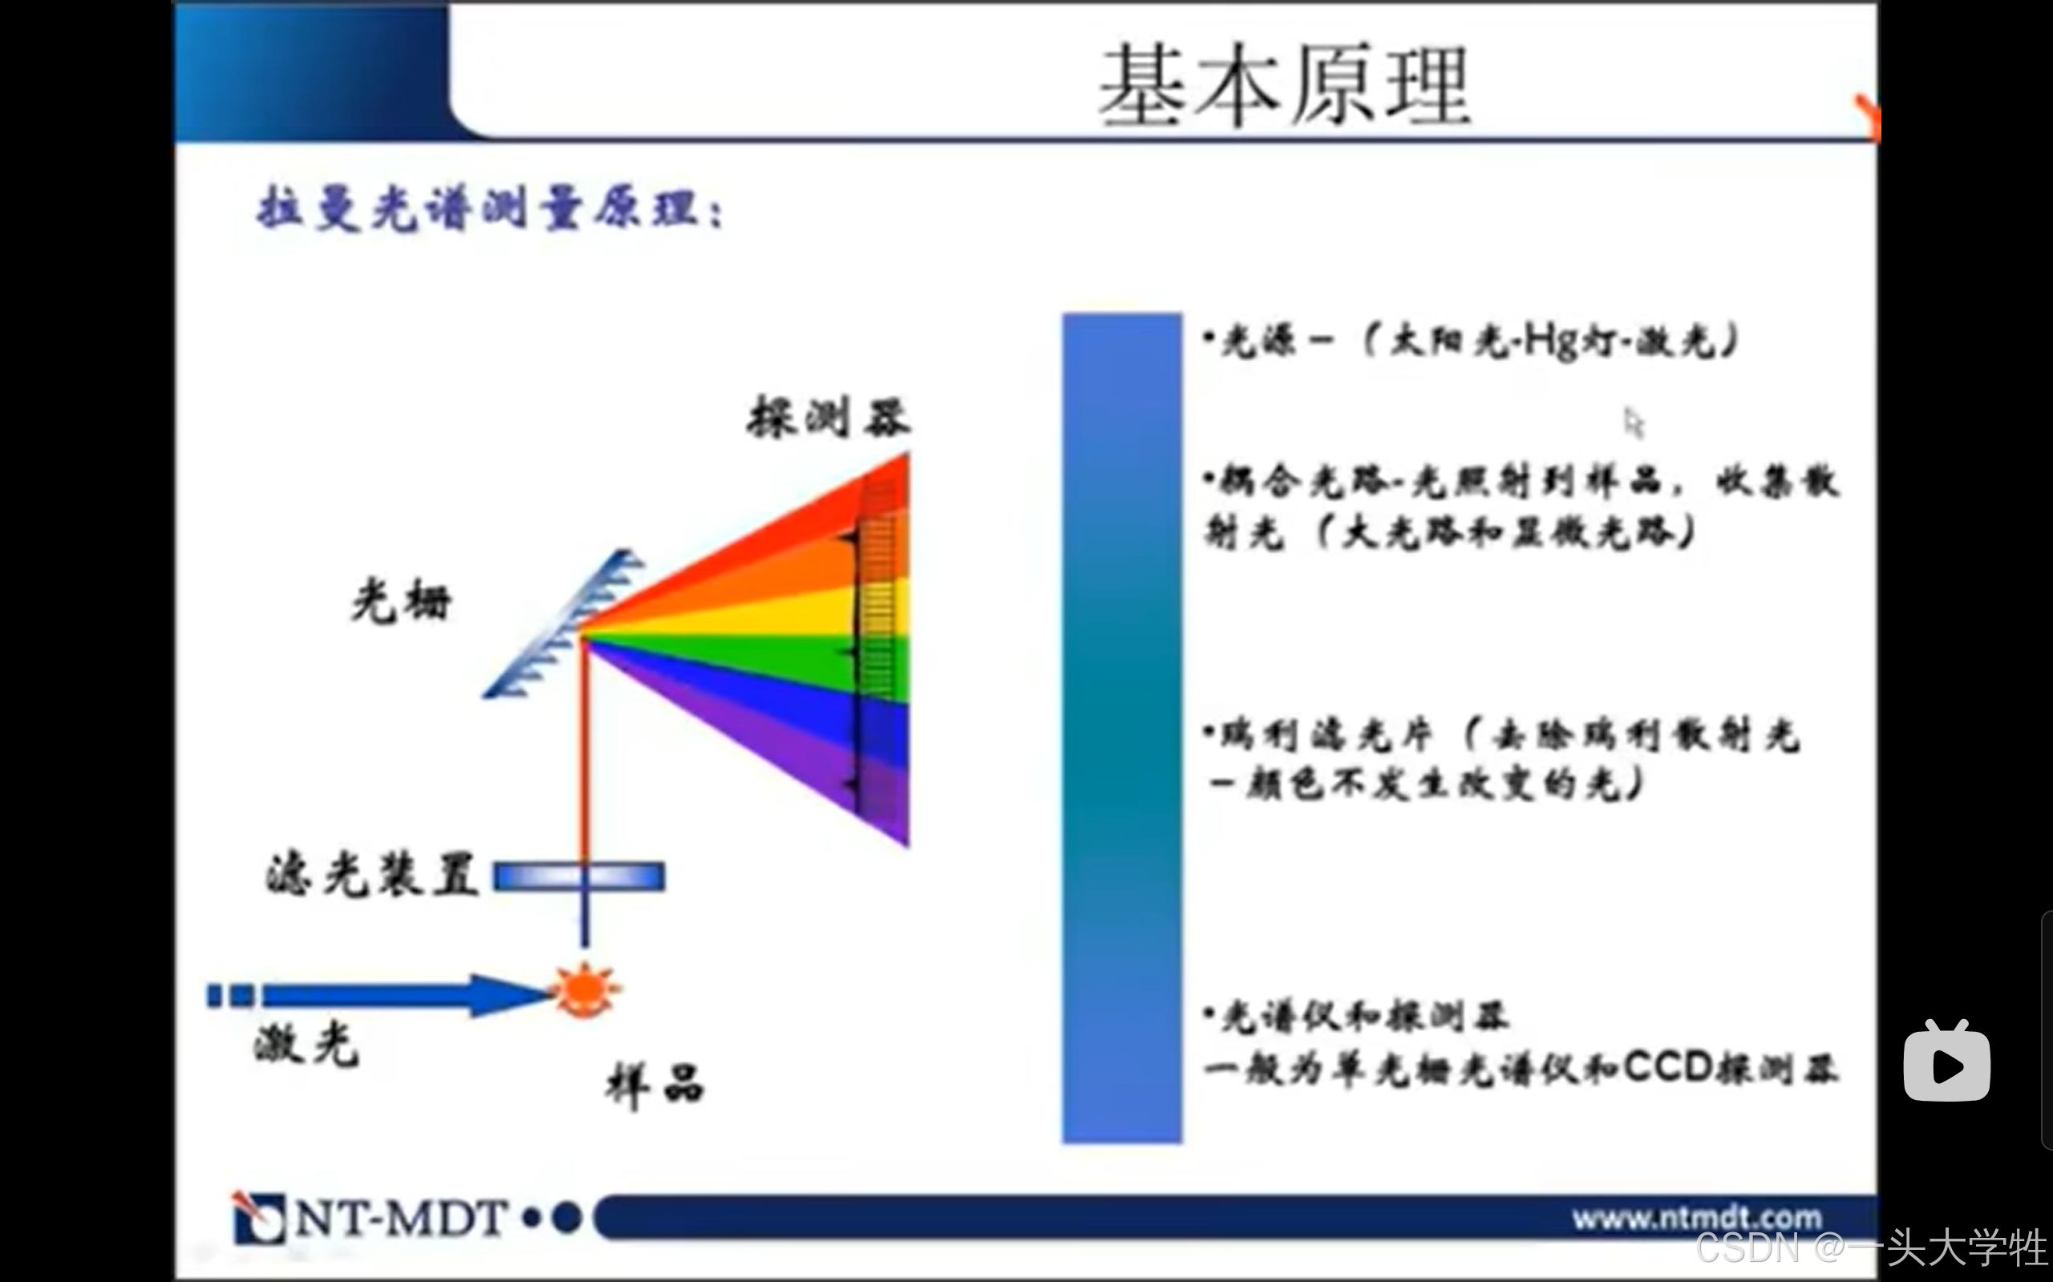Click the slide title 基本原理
click(1284, 85)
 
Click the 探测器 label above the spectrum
click(828, 417)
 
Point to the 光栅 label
click(401, 601)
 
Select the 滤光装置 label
click(372, 874)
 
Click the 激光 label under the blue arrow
click(306, 1044)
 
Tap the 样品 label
click(654, 1086)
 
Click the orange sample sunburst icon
click(585, 989)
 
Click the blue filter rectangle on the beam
click(579, 876)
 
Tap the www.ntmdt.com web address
click(1697, 1219)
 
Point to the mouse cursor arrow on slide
click(1634, 423)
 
